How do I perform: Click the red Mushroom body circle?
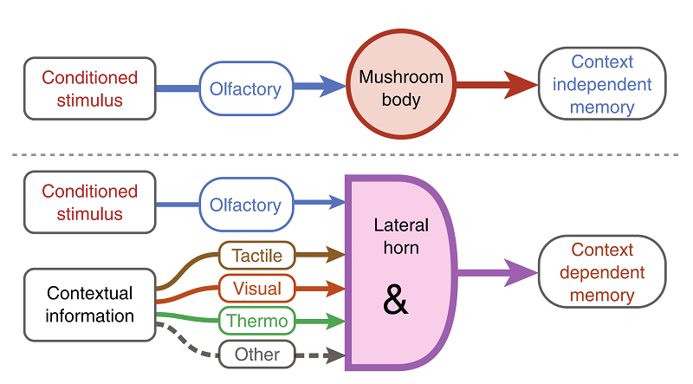coord(401,88)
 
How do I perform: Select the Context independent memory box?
coord(602,85)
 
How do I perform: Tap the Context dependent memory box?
coord(602,273)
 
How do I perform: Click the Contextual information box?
coord(90,304)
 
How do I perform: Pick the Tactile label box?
coord(257,255)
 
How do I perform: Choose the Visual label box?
coord(257,287)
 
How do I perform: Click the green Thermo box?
coord(257,321)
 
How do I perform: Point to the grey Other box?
coord(257,354)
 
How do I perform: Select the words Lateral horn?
coord(401,236)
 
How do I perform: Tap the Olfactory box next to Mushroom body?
coord(245,88)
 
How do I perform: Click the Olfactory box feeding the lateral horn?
coord(245,205)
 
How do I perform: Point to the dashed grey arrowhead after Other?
coord(336,354)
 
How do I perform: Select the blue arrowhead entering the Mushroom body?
coord(333,86)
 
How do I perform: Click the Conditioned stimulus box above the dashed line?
coord(90,88)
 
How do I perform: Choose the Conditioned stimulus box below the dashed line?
coord(90,202)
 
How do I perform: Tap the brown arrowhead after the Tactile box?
coord(336,255)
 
